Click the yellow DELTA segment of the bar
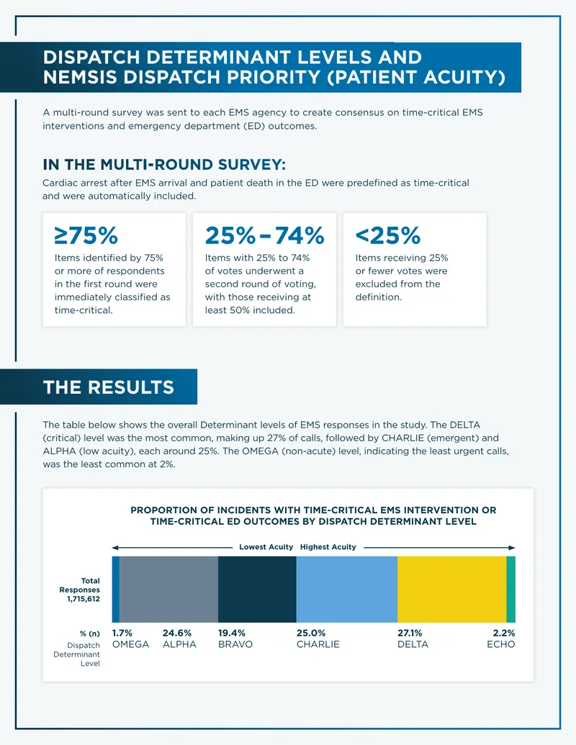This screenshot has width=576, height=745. click(451, 589)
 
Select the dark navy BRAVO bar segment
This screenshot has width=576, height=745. click(257, 589)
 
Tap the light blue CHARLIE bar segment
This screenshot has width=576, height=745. click(347, 589)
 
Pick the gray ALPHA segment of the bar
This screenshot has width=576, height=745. click(168, 589)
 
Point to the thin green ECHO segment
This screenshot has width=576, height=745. click(511, 589)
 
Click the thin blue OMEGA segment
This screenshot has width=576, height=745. click(115, 589)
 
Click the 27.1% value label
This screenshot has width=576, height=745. click(410, 633)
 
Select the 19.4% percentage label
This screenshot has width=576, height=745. click(232, 633)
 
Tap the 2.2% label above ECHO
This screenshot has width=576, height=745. click(504, 633)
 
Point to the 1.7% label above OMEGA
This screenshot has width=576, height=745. click(122, 633)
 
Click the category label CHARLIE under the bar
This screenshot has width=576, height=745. click(318, 644)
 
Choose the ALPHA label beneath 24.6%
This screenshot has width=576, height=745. click(179, 644)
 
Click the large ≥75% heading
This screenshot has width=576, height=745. click(86, 235)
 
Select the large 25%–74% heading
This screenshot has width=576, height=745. click(265, 235)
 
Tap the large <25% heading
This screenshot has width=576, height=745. click(388, 235)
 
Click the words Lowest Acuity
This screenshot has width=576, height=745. click(266, 547)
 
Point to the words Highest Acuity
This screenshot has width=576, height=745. click(328, 547)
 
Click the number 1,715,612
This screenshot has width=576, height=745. click(84, 599)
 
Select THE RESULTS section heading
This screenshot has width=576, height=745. click(109, 387)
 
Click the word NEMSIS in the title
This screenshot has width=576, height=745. click(80, 77)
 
